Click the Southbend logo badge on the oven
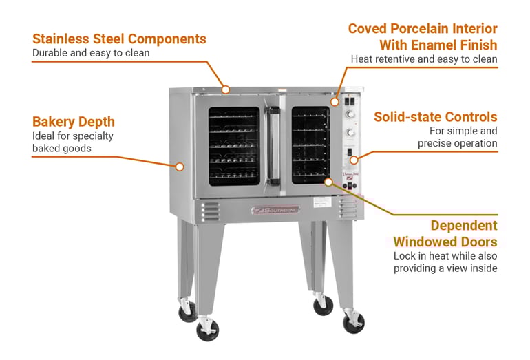[x=276, y=210]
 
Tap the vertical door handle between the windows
[x=273, y=146]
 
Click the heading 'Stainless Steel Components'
[x=119, y=39]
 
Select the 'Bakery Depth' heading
[x=74, y=122]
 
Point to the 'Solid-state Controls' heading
[x=435, y=117]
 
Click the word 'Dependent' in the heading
[x=464, y=226]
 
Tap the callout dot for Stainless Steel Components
[x=226, y=89]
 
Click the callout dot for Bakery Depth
[x=180, y=167]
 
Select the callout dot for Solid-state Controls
[x=354, y=160]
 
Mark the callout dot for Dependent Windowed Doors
[x=328, y=182]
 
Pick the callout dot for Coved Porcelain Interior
[x=335, y=102]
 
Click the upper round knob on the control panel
[x=350, y=114]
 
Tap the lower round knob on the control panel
[x=350, y=133]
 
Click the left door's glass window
[x=234, y=147]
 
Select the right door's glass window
[x=310, y=145]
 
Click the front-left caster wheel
[x=208, y=330]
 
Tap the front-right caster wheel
[x=354, y=323]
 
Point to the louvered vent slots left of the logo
[x=210, y=212]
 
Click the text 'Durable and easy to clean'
[x=91, y=53]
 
